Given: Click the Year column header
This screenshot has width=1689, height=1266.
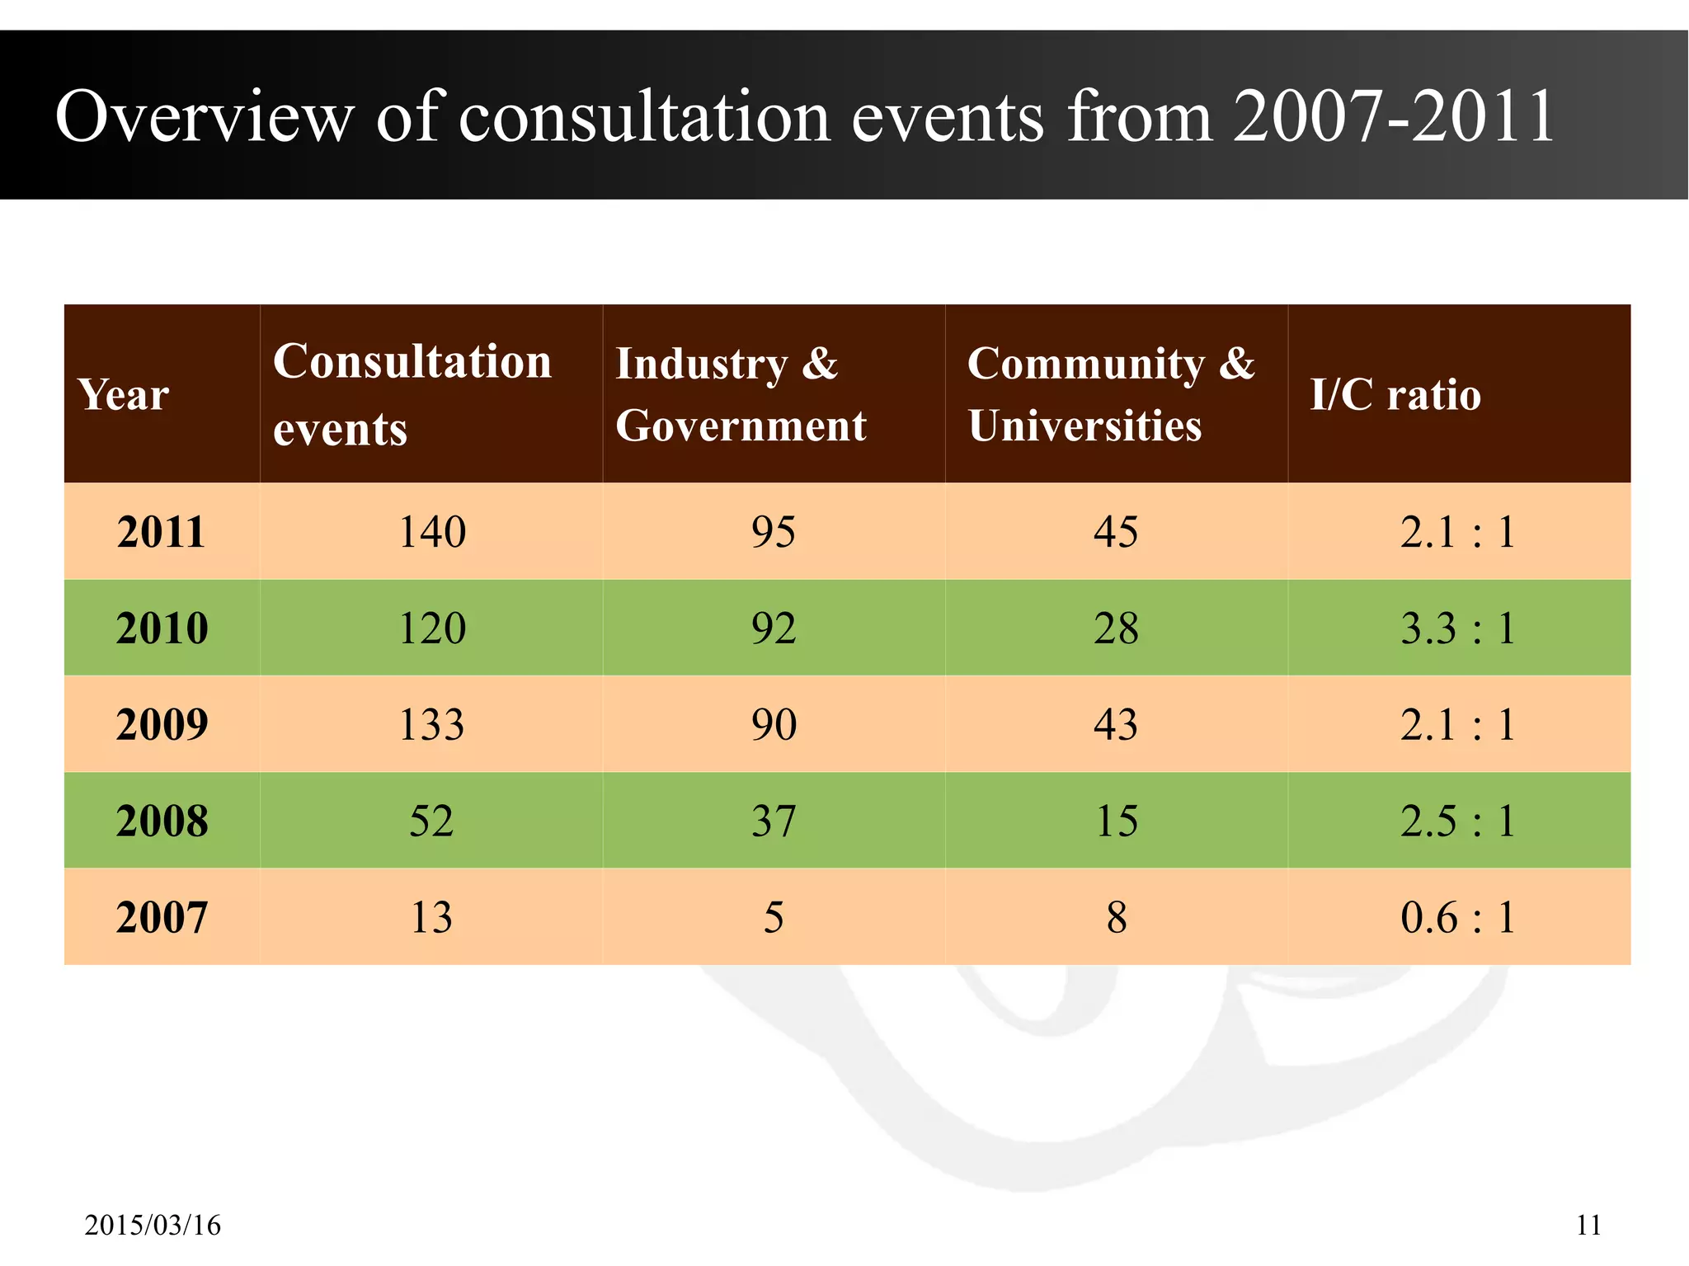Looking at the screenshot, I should point(124,394).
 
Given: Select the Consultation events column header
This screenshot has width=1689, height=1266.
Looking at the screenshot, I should point(412,394).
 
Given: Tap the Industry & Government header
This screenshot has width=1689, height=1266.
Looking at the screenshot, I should point(741,394).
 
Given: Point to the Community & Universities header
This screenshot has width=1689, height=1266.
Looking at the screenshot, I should point(1110,394).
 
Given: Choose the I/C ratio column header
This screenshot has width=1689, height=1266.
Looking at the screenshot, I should point(1395,394).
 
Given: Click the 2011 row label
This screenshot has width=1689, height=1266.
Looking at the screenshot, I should point(161,532).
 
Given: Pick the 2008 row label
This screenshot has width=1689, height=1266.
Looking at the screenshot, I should point(162,821).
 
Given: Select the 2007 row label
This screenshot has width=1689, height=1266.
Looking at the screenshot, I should point(162,918).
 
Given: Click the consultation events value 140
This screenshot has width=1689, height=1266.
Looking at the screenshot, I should point(432,532).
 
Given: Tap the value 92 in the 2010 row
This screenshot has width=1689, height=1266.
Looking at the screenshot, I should point(774,628).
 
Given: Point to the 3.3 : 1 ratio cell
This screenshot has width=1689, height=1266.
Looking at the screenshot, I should point(1458,628).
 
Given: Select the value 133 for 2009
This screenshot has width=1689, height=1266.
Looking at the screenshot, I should point(431,725).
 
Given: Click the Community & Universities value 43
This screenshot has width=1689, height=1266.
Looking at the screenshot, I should point(1116,725).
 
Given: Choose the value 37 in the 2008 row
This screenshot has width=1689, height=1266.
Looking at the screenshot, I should point(774,821).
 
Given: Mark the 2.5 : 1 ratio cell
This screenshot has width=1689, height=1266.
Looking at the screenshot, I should point(1458,821).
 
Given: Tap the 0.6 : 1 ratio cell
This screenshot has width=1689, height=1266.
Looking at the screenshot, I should point(1458,918).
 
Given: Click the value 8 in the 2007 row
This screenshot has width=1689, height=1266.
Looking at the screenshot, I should point(1117,918).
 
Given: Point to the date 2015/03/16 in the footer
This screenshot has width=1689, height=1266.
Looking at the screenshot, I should point(153,1226).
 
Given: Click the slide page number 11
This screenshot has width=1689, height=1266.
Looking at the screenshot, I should point(1588,1226).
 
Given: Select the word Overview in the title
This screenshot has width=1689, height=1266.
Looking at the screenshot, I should point(205,117).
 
